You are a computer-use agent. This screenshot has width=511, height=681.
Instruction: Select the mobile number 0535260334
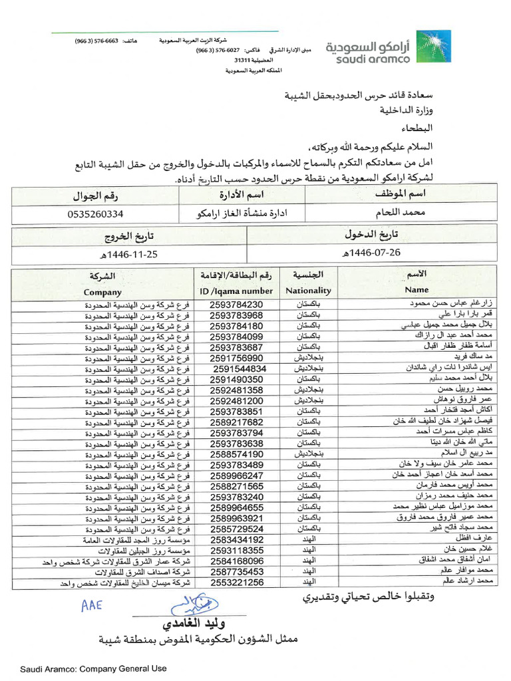96,215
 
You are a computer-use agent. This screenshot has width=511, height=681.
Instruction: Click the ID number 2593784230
236,305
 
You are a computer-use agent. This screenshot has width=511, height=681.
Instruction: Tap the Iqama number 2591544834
240,368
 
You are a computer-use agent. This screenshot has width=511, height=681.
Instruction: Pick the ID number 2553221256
236,583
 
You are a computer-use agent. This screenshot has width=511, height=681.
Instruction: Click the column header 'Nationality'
308,291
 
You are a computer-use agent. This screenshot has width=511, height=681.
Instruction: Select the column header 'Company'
102,292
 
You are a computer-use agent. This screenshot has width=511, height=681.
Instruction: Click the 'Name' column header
417,290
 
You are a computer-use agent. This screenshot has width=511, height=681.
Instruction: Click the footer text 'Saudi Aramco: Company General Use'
93,668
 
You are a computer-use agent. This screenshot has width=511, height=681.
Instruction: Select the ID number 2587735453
236,572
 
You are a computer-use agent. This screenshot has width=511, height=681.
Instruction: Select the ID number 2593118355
236,551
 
